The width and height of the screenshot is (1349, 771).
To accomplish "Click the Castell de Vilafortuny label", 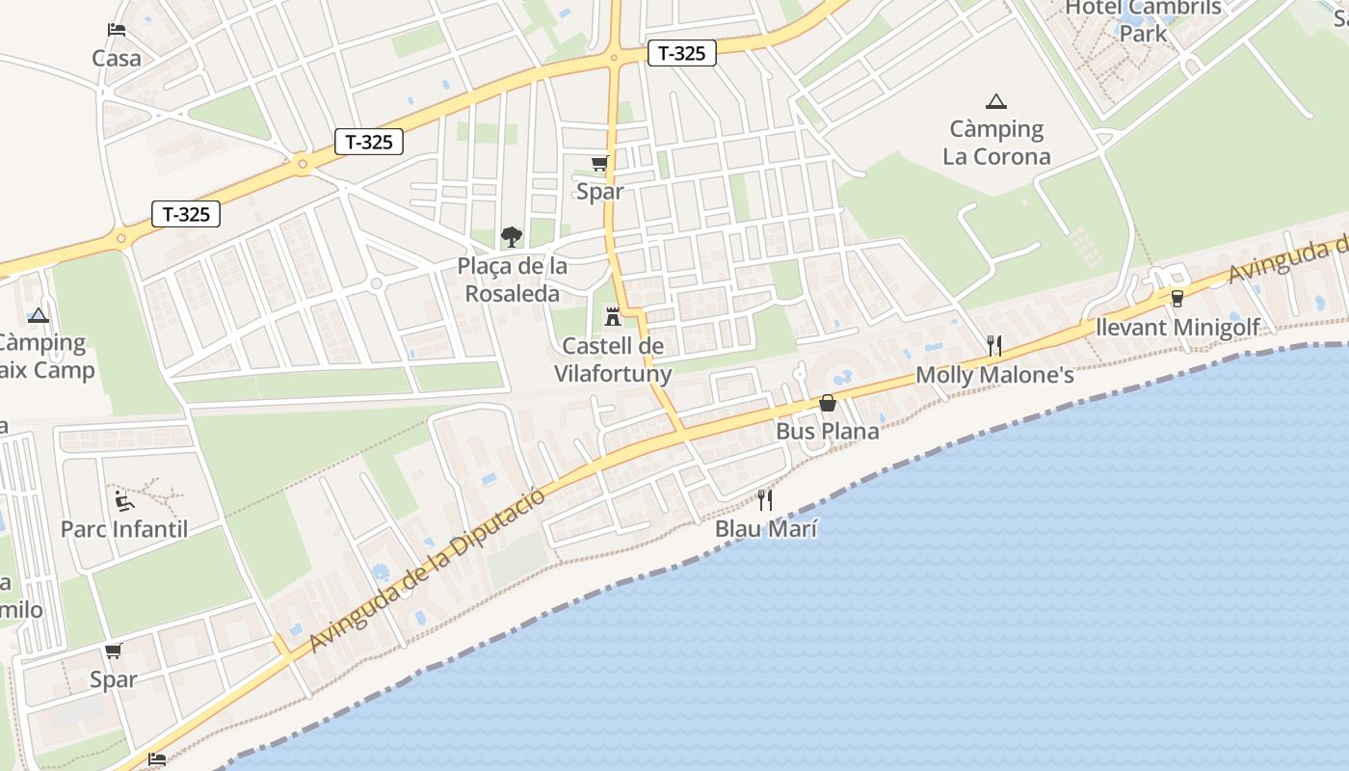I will [613, 359].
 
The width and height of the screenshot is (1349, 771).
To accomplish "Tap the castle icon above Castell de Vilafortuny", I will [612, 316].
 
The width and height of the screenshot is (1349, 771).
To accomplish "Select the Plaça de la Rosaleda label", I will [512, 279].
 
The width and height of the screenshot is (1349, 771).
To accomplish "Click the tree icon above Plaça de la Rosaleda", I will [511, 236].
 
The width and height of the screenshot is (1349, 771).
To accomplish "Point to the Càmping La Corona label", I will [996, 143].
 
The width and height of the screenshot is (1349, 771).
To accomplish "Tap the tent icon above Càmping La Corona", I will [996, 101].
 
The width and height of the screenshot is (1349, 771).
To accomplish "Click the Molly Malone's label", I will [994, 375].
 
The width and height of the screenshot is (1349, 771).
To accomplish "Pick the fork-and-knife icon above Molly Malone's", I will [994, 346].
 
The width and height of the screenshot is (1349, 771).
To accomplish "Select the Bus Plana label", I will [828, 431].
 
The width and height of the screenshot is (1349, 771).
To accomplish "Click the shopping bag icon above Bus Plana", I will [827, 403].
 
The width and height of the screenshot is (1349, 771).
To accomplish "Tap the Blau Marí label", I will [766, 528].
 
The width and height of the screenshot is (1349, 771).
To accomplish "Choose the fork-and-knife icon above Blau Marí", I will [765, 499].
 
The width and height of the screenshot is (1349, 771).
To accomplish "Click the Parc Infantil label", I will [124, 529].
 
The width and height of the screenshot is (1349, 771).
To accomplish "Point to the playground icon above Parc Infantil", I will [124, 500].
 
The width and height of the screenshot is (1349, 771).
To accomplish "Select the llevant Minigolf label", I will [1177, 328].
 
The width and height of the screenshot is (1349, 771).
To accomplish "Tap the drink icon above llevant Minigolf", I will [1177, 299].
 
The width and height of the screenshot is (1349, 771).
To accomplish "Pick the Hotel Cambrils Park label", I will [1143, 20].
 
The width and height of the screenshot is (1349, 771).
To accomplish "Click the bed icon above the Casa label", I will [117, 30].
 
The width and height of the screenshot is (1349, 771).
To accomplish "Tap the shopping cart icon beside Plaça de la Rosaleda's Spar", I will [600, 164].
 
